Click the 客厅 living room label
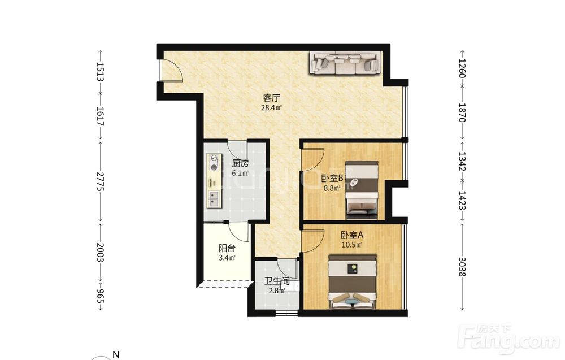coord(272,98)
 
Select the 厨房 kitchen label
coord(240,163)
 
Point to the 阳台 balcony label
coord(227,248)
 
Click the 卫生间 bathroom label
coord(277,281)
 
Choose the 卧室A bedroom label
coord(352,235)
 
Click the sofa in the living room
coord(346,63)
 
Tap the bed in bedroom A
coord(352,282)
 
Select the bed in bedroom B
coord(362,190)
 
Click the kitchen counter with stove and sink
coord(214,180)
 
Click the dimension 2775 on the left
coord(100,181)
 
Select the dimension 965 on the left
coord(100,296)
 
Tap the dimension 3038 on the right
coord(463,267)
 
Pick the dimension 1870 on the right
coord(463,112)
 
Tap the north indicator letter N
coord(116,354)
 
